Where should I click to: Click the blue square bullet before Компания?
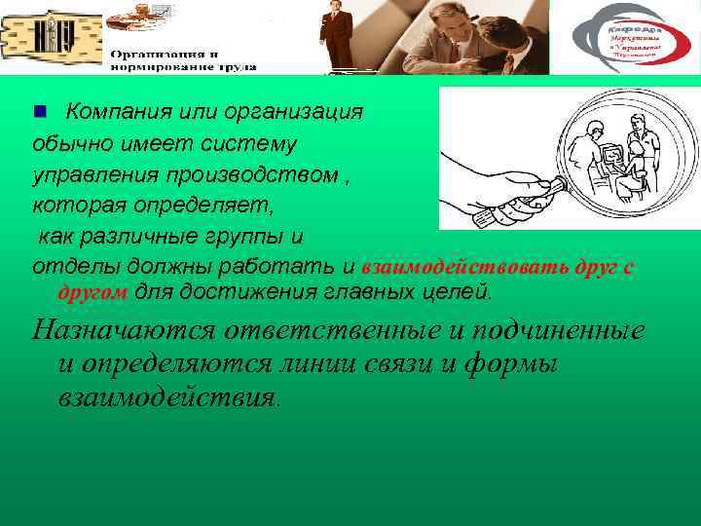coord(40,112)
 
